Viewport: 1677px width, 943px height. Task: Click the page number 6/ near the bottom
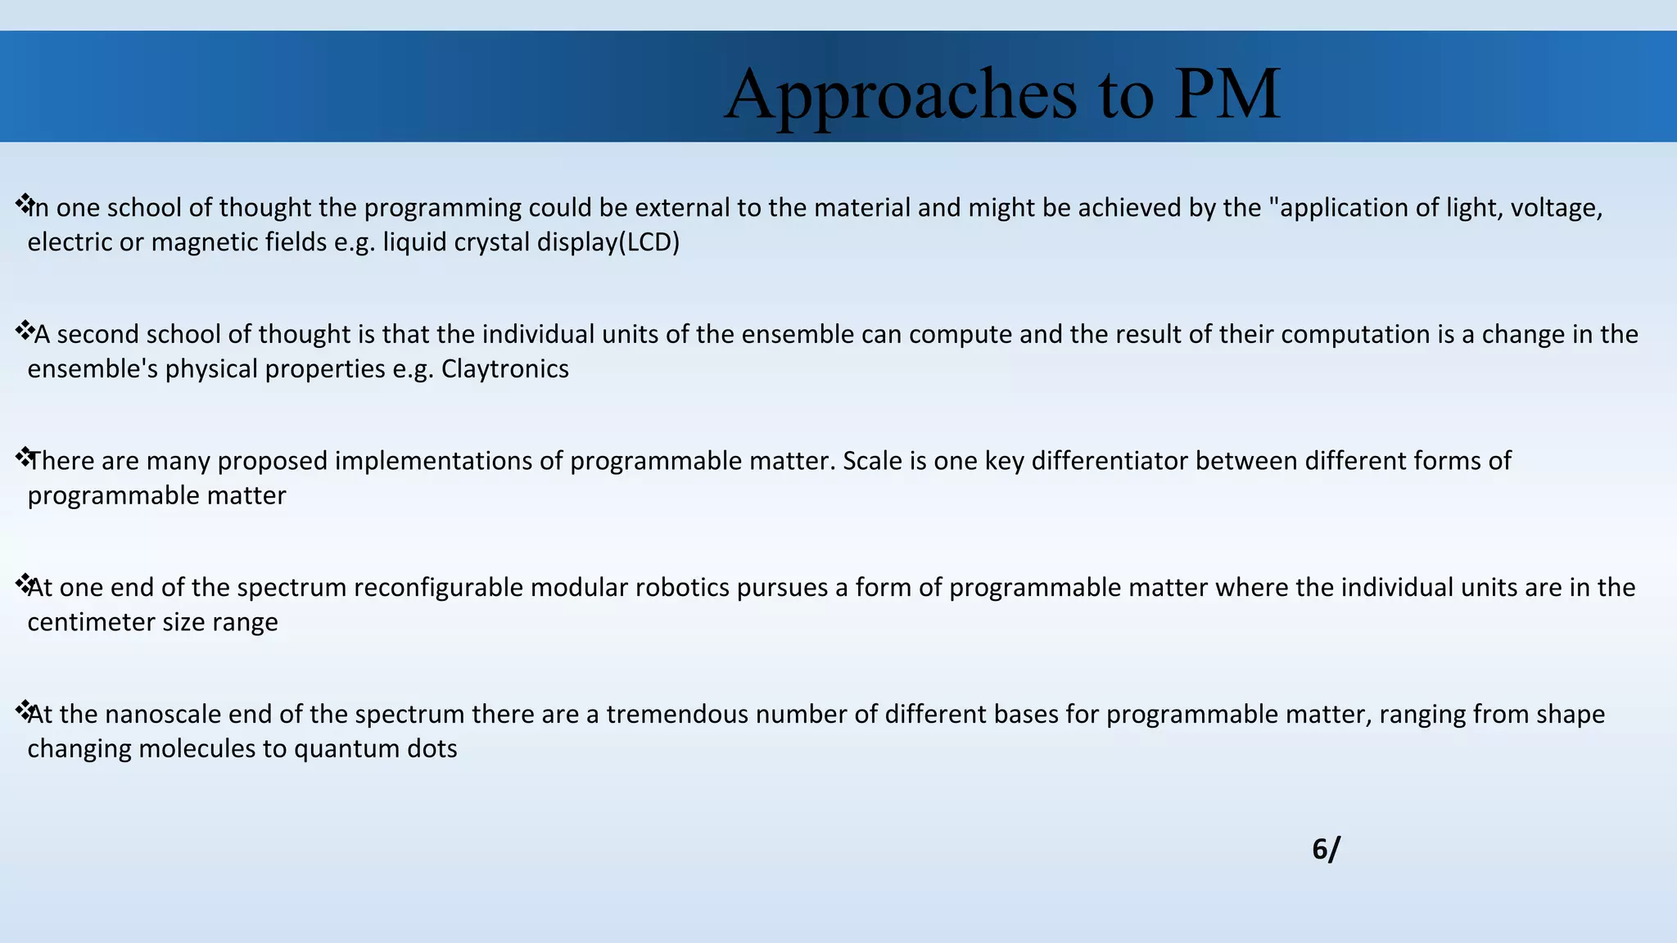point(1325,850)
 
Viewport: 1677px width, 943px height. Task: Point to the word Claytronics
point(504,369)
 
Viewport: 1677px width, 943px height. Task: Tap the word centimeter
point(91,622)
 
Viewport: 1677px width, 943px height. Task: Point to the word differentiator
point(1110,461)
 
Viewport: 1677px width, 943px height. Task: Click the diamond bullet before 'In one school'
point(24,203)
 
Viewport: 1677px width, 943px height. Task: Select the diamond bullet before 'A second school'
point(24,330)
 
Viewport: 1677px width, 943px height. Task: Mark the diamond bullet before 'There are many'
point(24,457)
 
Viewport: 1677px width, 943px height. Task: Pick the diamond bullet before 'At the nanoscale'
point(24,710)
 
